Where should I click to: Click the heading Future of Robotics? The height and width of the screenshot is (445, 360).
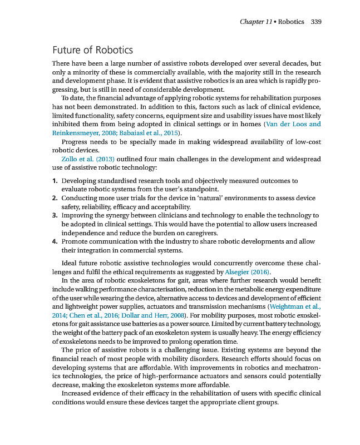(92, 51)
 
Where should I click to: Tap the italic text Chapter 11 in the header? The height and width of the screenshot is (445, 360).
(256, 22)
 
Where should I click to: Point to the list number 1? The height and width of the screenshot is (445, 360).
(55, 181)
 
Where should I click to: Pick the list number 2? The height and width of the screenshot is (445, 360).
(55, 198)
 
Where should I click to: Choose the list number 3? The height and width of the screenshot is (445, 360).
(55, 215)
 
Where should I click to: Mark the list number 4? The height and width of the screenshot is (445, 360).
(55, 242)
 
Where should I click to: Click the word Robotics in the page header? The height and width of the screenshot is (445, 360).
(291, 22)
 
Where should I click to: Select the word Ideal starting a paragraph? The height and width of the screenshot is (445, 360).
(70, 263)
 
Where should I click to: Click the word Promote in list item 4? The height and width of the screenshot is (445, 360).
(76, 242)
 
